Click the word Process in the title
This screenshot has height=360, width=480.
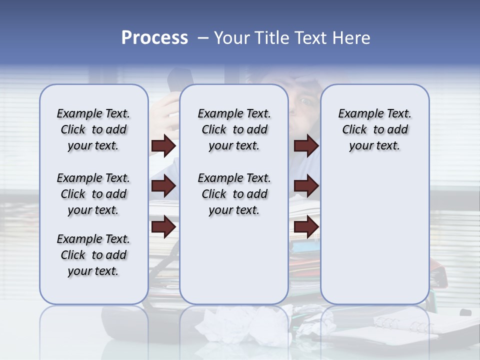(154, 38)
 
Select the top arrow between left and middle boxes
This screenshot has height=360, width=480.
(163, 146)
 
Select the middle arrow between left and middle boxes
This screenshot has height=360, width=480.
(163, 186)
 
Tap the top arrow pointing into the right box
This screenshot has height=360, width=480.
(306, 146)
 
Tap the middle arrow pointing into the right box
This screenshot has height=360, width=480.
(306, 186)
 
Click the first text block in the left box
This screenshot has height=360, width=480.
(93, 129)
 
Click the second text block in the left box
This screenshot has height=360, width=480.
(93, 194)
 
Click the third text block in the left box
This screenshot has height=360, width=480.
(93, 255)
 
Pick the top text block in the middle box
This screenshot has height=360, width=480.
(234, 129)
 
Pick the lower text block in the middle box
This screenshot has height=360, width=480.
(234, 194)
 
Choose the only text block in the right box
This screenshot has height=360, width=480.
(374, 129)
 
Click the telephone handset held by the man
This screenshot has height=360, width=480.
(176, 80)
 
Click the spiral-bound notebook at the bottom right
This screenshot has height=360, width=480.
(400, 327)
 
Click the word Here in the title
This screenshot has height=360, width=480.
(352, 38)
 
